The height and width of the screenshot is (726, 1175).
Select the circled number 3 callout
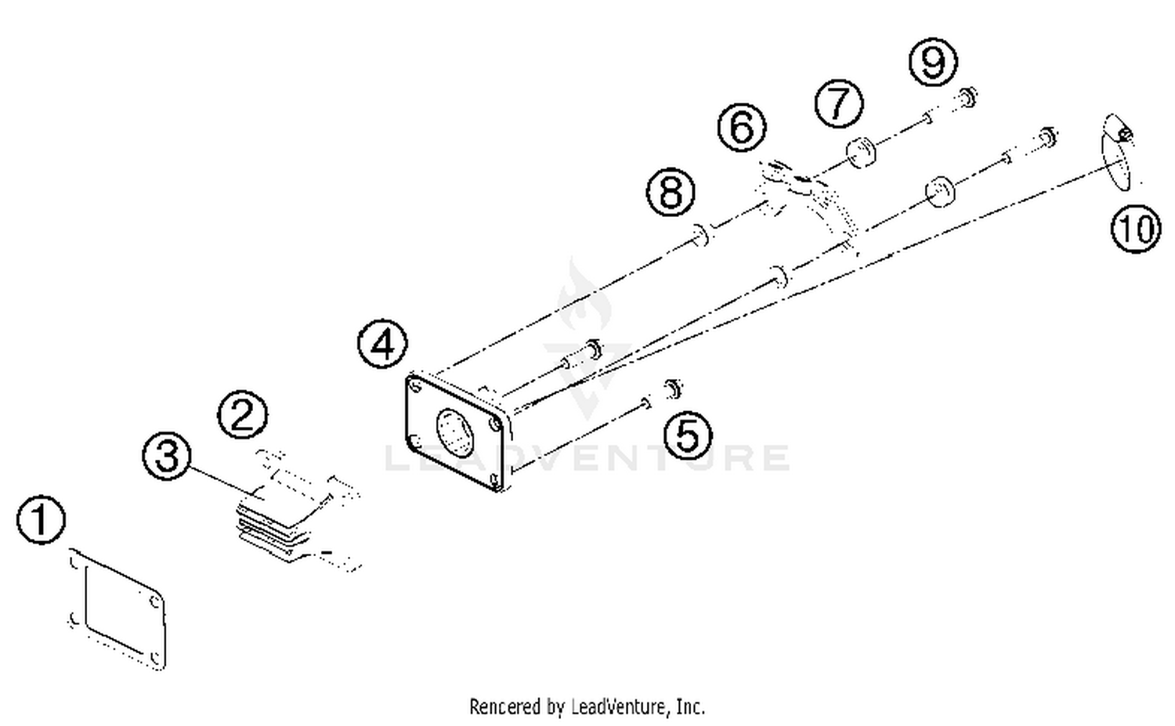(x=167, y=456)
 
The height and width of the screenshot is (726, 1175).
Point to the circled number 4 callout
(x=382, y=344)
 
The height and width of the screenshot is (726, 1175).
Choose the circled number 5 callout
(x=688, y=435)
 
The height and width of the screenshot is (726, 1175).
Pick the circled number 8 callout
(x=671, y=191)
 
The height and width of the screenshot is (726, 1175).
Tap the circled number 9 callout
(x=933, y=61)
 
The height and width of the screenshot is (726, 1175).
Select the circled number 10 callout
(x=1135, y=229)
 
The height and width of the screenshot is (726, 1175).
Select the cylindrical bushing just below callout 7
(x=861, y=151)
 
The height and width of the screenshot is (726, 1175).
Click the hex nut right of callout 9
(x=968, y=98)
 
